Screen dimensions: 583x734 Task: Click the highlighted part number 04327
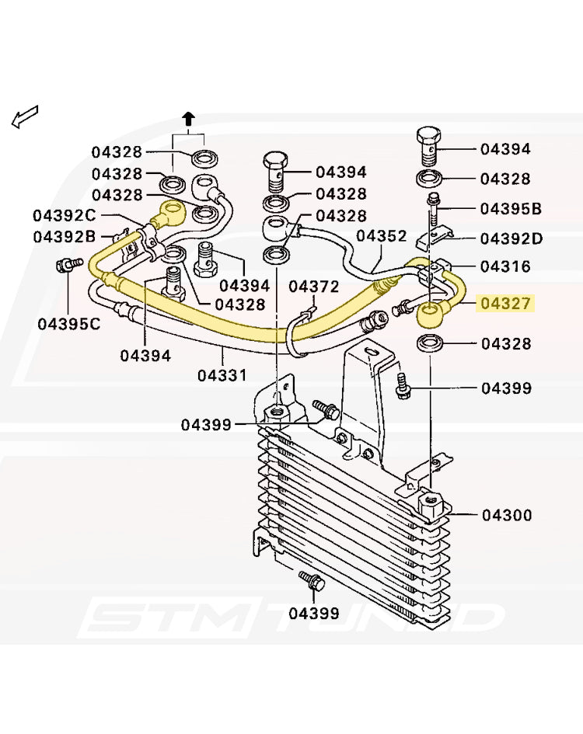pos(506,304)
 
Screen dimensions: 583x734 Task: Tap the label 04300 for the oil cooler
pos(507,516)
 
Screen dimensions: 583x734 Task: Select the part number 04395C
pos(69,323)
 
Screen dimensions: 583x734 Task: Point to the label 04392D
pos(511,238)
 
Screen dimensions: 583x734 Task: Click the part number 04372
pos(313,286)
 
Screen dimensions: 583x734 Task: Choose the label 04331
pos(222,375)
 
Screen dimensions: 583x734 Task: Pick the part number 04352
pos(382,235)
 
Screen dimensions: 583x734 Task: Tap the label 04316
pos(506,266)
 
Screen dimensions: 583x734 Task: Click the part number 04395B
pos(511,209)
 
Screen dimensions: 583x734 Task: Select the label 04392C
pos(65,215)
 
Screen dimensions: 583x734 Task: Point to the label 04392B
pos(65,237)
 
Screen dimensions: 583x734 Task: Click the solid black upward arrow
pos(188,119)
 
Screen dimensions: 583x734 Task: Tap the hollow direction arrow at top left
pos(24,117)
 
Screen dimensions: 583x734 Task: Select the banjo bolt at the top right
pos(429,145)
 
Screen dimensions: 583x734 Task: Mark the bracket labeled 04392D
pos(435,238)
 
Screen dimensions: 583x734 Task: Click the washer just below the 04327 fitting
pos(430,343)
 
